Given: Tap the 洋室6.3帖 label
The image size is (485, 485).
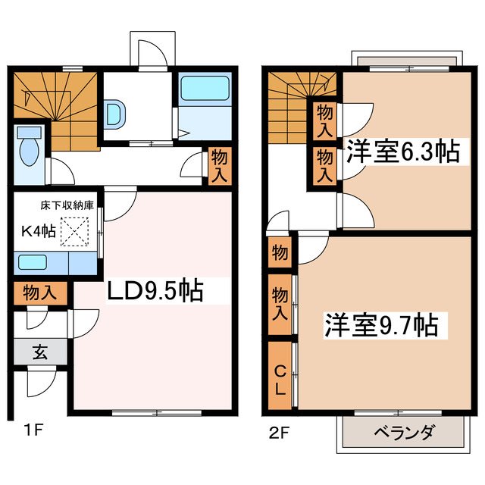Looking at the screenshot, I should [x=402, y=152].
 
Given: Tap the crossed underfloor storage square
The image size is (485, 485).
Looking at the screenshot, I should [x=74, y=233].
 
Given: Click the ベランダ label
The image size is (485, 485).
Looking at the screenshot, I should [x=404, y=433].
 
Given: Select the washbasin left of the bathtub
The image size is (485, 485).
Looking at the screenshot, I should [x=114, y=114].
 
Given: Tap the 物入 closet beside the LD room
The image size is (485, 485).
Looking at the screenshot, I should [x=217, y=164].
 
